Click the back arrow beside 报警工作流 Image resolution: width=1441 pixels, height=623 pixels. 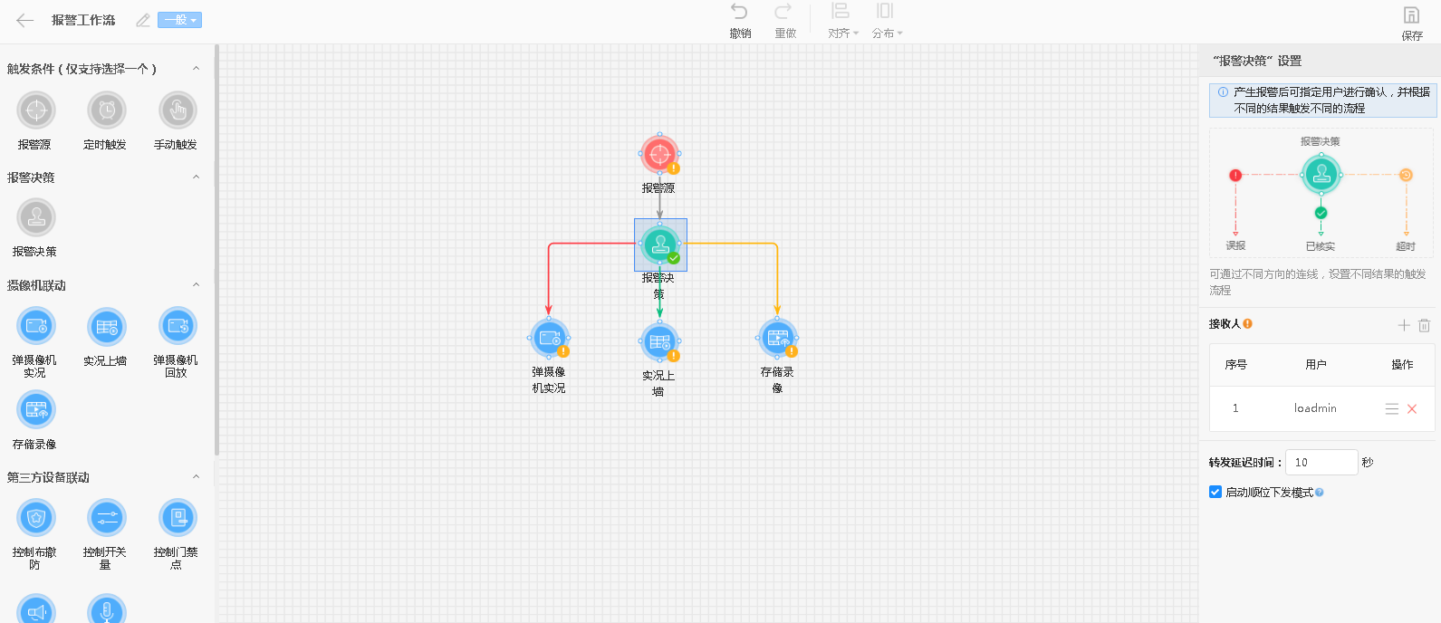tap(24, 21)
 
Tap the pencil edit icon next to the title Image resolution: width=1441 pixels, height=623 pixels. tap(143, 21)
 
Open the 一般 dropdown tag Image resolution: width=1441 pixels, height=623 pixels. tap(179, 20)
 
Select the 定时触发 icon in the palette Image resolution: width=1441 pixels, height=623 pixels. tap(107, 110)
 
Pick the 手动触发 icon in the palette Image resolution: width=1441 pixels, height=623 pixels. tap(178, 110)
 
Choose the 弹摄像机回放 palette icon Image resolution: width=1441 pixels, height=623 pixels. tap(178, 327)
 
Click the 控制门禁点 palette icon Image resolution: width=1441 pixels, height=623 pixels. tap(178, 518)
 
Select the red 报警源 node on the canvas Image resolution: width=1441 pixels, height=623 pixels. tap(659, 154)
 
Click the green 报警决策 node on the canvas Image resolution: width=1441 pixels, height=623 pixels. tap(660, 244)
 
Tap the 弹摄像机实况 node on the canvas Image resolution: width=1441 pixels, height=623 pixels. tap(550, 338)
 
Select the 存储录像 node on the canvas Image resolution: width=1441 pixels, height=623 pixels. tap(778, 338)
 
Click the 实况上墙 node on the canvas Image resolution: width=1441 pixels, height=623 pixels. tap(659, 341)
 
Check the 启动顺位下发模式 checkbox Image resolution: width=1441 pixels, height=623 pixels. tap(1215, 492)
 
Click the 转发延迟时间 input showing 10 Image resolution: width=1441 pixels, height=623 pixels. tap(1321, 462)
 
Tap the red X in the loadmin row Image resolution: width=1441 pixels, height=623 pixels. tap(1412, 409)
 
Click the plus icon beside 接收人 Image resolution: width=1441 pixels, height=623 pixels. tap(1404, 325)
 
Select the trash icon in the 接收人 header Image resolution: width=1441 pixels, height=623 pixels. tap(1425, 325)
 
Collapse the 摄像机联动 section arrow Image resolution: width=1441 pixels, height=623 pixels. tap(197, 284)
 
